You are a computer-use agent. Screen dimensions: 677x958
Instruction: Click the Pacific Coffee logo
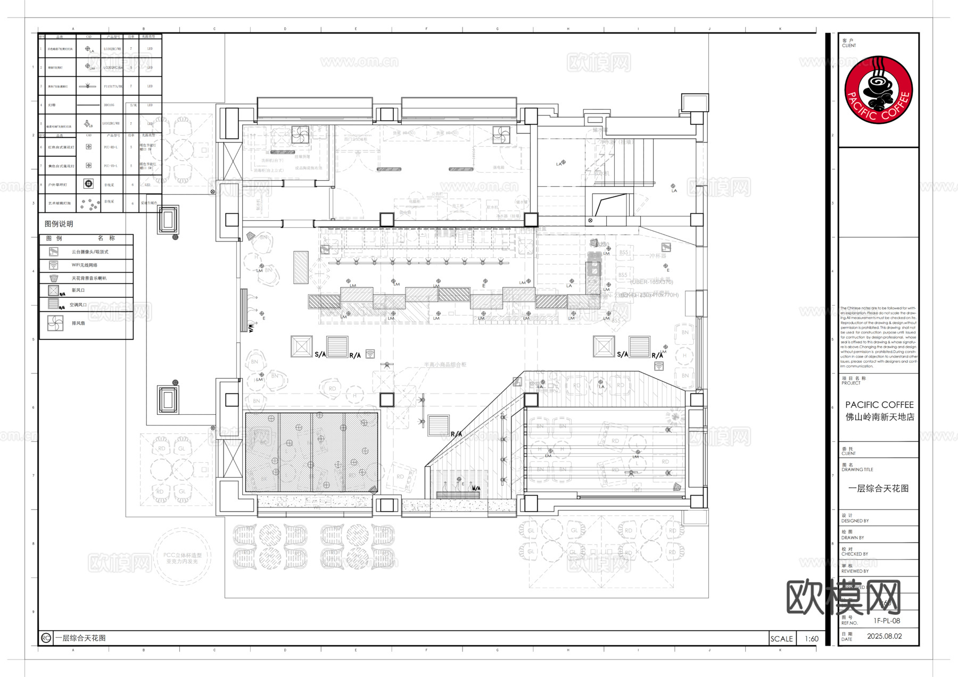[879, 89]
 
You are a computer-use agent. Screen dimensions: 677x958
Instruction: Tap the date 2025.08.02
[884, 636]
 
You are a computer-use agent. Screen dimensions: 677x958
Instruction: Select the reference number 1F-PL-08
[887, 621]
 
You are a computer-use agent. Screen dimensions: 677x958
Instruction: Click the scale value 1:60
[811, 639]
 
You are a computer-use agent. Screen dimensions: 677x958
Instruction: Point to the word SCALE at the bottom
[781, 639]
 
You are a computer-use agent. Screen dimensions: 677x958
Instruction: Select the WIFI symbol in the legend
[53, 265]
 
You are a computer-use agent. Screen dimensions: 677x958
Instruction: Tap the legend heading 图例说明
[59, 224]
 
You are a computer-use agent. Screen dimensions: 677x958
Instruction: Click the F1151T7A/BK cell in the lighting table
[113, 86]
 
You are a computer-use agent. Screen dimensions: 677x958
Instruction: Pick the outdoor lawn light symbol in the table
[88, 184]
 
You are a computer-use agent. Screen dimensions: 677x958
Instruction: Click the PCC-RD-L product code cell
[110, 147]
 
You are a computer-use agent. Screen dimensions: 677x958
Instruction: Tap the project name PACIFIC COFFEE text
[879, 405]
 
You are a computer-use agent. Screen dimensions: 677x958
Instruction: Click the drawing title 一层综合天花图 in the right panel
[878, 488]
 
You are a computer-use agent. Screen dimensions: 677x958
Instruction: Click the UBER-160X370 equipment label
[651, 282]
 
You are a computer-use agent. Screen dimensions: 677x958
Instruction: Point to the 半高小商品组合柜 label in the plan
[445, 365]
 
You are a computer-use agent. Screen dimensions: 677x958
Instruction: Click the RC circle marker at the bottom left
[46, 638]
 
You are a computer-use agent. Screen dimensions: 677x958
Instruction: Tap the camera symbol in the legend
[53, 252]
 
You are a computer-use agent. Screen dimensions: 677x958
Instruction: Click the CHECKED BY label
[854, 554]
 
